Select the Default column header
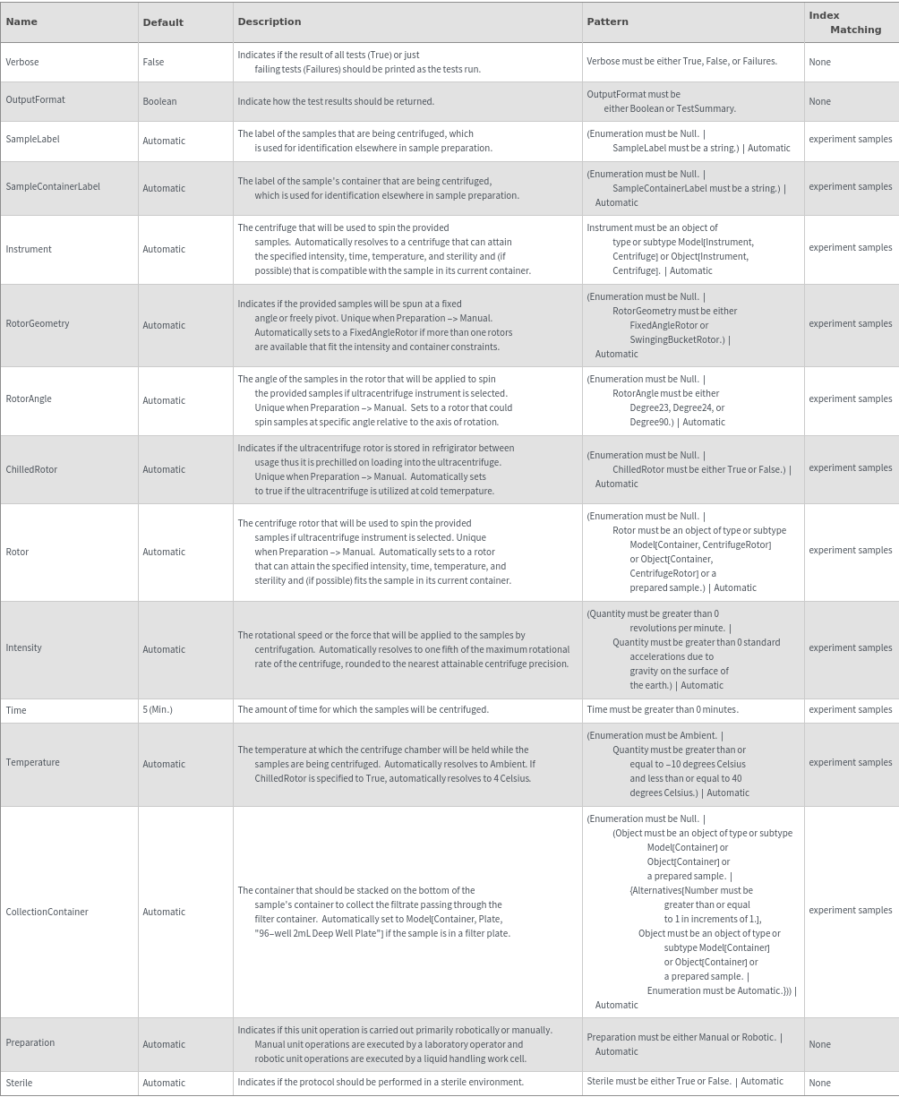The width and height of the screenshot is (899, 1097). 163,22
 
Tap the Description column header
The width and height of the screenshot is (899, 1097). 269,21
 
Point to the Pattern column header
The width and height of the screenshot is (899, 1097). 607,21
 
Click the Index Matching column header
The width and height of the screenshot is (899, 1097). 844,22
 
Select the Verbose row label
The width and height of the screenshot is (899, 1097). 22,62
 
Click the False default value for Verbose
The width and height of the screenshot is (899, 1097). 153,62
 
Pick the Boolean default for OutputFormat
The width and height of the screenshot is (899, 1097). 159,101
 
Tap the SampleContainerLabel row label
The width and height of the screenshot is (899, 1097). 53,186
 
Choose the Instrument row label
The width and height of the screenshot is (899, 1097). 29,249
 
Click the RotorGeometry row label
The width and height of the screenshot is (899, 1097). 38,323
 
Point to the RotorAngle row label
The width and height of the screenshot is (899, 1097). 29,399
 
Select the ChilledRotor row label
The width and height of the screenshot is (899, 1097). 31,469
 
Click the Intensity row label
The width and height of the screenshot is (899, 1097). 24,647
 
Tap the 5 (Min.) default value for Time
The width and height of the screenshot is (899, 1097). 158,710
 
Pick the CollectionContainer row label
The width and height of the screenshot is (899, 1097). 47,912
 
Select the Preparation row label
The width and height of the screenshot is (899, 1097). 30,1042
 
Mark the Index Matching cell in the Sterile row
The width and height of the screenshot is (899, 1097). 819,1083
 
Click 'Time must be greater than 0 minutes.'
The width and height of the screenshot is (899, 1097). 663,709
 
